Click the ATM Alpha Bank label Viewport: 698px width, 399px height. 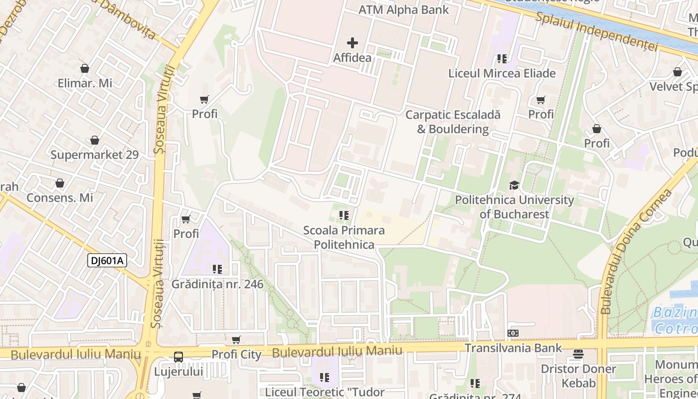404,10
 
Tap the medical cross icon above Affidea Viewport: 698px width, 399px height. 352,43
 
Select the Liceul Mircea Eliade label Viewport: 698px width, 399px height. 502,73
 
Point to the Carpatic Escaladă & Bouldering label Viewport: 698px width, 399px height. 453,122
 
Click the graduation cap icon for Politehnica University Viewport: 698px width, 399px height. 514,186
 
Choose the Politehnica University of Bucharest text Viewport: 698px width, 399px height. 514,207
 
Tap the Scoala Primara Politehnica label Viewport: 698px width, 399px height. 344,237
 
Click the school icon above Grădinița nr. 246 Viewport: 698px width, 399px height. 217,269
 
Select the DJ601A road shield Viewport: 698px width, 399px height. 107,260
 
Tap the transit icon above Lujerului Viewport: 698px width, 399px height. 178,357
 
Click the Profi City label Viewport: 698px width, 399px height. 236,355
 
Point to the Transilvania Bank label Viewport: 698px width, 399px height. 513,348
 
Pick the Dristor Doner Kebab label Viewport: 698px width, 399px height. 578,376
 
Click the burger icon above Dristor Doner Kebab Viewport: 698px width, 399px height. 578,354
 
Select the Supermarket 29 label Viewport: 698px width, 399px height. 94,155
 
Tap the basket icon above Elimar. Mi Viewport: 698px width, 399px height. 85,68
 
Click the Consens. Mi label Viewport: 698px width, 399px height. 60,198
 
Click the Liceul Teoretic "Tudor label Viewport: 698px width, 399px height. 325,392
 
